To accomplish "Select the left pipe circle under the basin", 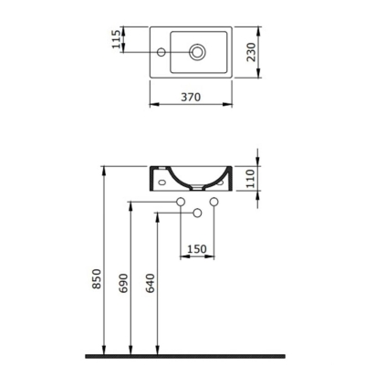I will click(180, 202).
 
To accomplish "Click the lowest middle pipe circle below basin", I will click(196, 214).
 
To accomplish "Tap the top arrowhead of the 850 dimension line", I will click(108, 169).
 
